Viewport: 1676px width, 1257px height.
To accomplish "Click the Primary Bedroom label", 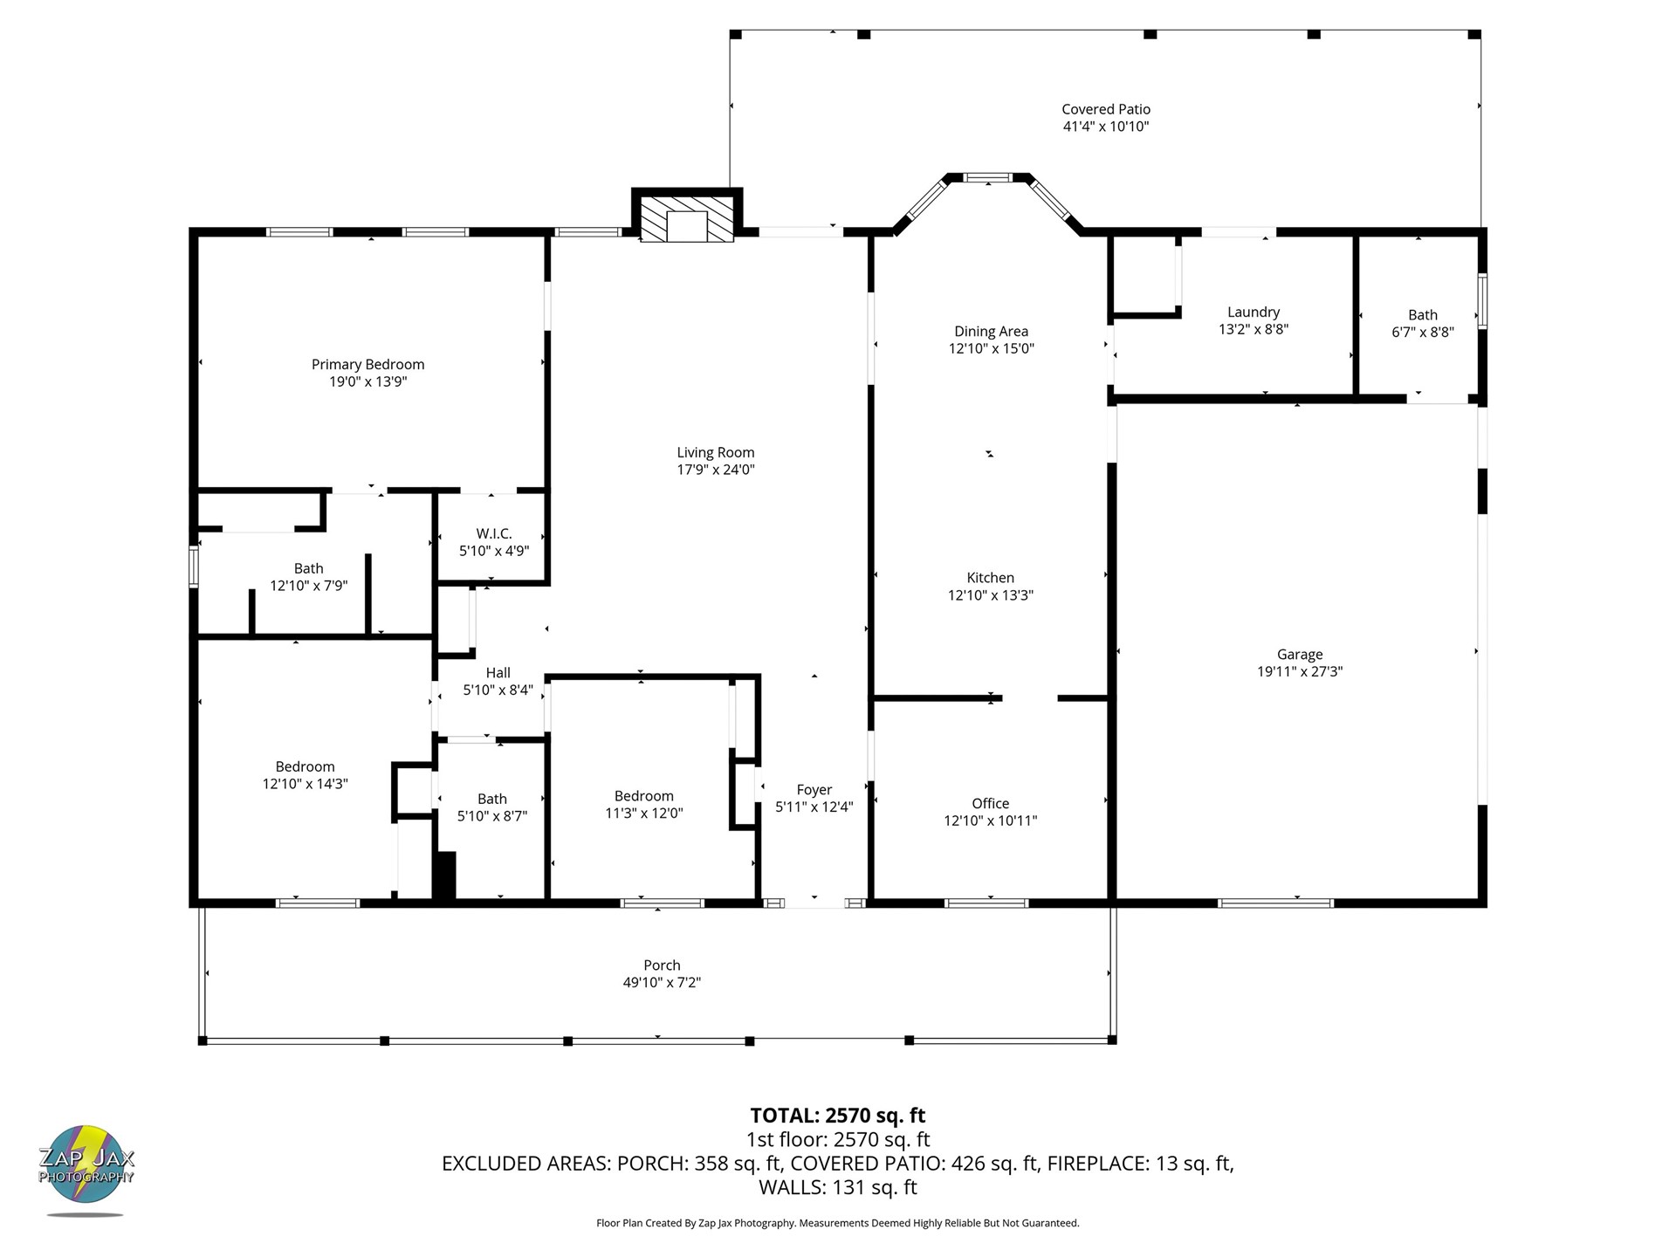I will point(367,365).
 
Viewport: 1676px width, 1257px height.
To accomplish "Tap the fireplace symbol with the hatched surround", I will point(687,218).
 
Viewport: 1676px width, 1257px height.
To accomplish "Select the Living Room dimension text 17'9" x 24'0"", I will point(716,470).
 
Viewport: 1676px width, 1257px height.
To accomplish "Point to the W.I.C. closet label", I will point(494,533).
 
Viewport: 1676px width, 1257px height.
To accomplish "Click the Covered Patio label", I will point(1105,109).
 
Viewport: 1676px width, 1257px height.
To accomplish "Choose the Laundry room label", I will point(1253,313).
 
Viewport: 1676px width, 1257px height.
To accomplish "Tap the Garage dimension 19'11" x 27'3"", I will point(1300,671).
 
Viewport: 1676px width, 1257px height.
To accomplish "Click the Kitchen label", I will point(990,578).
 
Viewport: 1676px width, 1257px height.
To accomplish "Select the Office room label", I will point(990,803).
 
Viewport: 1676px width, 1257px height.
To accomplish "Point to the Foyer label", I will point(814,790).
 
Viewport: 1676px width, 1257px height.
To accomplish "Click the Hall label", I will point(498,672).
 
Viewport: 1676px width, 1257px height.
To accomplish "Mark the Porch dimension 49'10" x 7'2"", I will point(662,982).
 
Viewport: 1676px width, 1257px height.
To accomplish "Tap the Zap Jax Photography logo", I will point(86,1168).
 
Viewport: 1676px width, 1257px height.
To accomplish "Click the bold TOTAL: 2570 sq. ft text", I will point(837,1116).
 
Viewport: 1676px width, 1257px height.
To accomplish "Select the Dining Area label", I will point(991,331).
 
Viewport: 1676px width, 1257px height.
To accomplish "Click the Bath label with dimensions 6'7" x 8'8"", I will point(1422,315).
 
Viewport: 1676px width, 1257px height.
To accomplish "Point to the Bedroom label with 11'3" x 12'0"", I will point(643,796).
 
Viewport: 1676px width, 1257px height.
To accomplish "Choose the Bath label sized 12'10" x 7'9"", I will point(308,568).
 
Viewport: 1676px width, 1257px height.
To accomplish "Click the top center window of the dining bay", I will point(988,178).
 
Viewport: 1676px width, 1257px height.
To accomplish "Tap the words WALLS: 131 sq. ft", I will point(837,1187).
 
